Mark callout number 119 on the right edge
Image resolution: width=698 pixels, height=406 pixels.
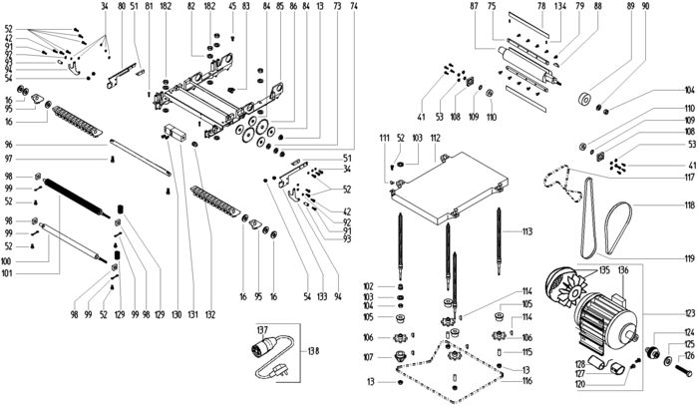(x=688, y=259)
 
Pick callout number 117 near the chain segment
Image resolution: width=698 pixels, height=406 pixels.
(x=688, y=178)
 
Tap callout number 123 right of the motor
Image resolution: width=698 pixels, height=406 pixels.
(x=688, y=312)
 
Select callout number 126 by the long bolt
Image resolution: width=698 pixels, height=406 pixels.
(x=688, y=356)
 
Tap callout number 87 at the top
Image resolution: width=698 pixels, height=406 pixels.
(x=475, y=7)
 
